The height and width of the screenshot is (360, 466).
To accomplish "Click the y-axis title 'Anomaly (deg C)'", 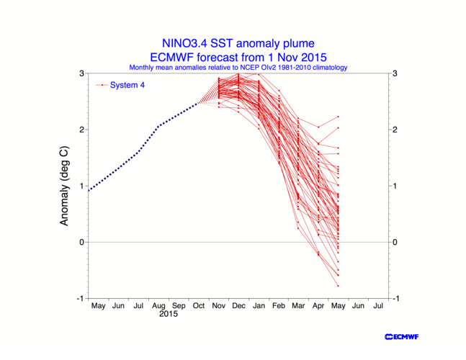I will coord(64,186).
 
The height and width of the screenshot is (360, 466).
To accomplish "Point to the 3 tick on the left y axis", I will coord(81,73).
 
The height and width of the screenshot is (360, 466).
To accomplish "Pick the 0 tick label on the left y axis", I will coord(81,242).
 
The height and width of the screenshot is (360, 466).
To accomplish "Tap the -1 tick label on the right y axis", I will coord(396,298).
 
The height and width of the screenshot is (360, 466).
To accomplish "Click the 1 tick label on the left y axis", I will coord(81,186).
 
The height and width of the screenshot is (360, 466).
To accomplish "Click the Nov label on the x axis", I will coord(218,306).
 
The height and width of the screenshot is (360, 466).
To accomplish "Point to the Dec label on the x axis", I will coord(238,306).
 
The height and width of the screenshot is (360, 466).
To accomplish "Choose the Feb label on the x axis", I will coord(278,306).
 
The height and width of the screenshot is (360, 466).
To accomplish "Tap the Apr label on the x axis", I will coord(318,306).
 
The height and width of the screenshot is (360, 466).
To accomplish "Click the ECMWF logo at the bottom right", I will coord(402,336).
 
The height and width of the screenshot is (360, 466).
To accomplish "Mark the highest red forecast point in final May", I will coord(338,117).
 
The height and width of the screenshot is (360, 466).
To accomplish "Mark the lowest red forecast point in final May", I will coord(338,286).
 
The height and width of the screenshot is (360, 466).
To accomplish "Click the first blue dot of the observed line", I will coord(88,190).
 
